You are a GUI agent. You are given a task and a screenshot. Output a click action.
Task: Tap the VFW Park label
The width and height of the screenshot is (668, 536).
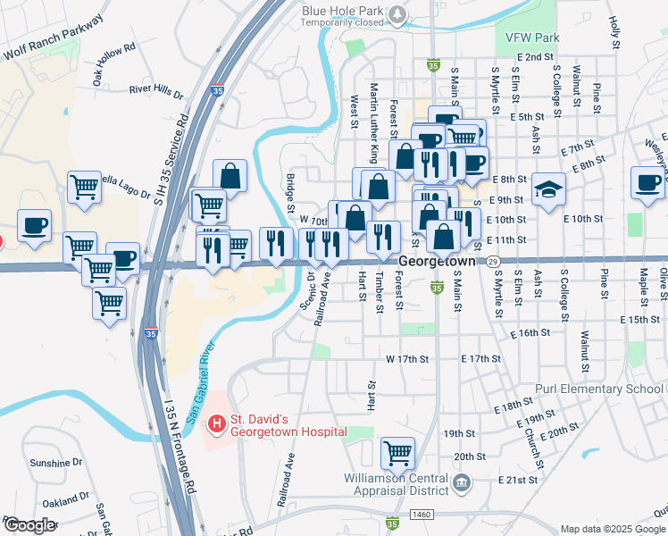click(x=531, y=38)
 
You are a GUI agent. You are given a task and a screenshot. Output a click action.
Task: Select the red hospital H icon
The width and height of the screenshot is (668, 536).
click(x=215, y=422)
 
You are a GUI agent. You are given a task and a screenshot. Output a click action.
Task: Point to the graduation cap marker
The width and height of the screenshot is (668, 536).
click(x=549, y=188)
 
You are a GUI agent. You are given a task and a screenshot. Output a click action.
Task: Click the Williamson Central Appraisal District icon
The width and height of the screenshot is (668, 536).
click(x=462, y=484)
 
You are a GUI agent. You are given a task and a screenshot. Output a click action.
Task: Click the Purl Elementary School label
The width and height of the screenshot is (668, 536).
click(x=600, y=389)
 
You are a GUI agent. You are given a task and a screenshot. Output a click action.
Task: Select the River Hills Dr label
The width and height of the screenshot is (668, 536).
click(x=155, y=91)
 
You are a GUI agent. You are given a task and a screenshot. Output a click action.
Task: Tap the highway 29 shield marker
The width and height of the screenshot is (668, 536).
click(x=493, y=261)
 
